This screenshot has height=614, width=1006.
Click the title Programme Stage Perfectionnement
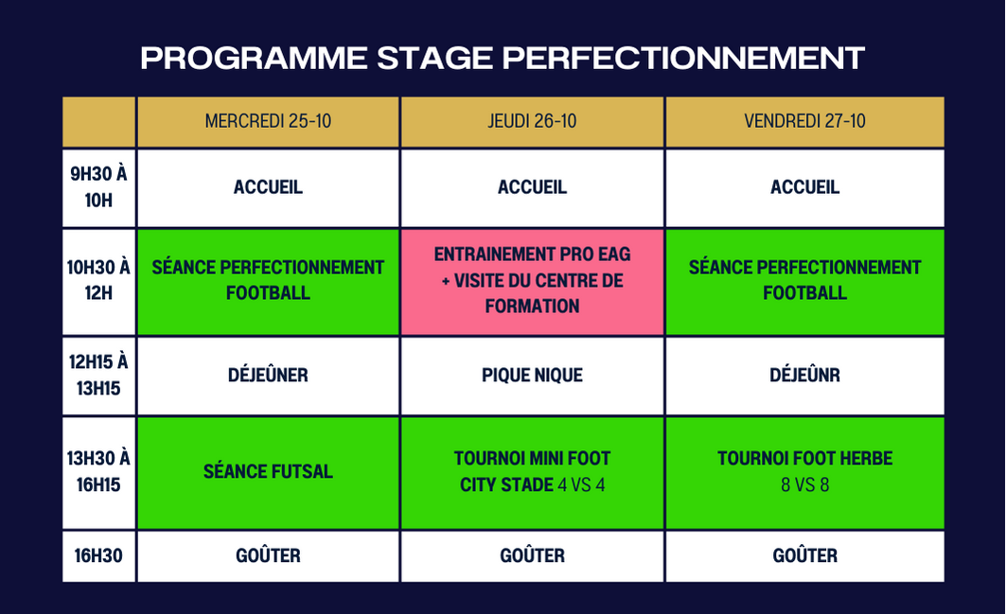coord(503,58)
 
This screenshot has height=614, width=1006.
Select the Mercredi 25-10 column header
coord(268,122)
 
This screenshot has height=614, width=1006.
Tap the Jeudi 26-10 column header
coord(532,122)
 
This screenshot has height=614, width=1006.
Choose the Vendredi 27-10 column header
coord(804,122)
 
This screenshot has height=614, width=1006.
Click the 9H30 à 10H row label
coord(98,188)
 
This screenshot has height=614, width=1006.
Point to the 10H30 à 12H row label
coord(98,282)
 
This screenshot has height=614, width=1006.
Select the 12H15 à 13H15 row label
coord(98,376)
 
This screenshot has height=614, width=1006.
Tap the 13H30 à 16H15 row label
coord(98,473)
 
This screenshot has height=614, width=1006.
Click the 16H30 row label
coord(98,556)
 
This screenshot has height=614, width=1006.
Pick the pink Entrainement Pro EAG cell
coord(532,282)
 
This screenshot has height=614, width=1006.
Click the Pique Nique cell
coord(532,376)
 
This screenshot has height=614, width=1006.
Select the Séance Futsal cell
coord(268,473)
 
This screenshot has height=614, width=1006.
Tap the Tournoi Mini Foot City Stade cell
coord(532,473)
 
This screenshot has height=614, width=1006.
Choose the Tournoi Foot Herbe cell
coord(804,473)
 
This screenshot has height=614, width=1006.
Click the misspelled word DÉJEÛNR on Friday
coord(804,375)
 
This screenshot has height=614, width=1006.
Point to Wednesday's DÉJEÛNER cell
coord(268,376)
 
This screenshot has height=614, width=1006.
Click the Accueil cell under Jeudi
coord(532,188)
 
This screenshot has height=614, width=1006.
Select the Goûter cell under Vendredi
coord(804,556)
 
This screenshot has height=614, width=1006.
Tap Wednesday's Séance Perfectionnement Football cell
coord(268,282)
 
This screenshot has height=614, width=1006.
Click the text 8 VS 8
coord(804,485)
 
